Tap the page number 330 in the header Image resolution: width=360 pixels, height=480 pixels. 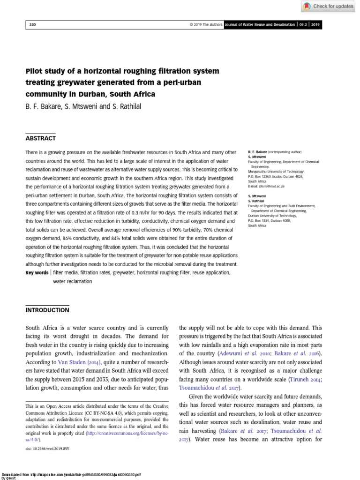(x=32, y=24)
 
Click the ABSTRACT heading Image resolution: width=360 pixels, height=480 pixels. (x=40, y=138)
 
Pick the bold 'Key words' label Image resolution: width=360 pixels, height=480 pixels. (x=37, y=272)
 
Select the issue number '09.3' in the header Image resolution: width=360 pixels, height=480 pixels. (x=303, y=24)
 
